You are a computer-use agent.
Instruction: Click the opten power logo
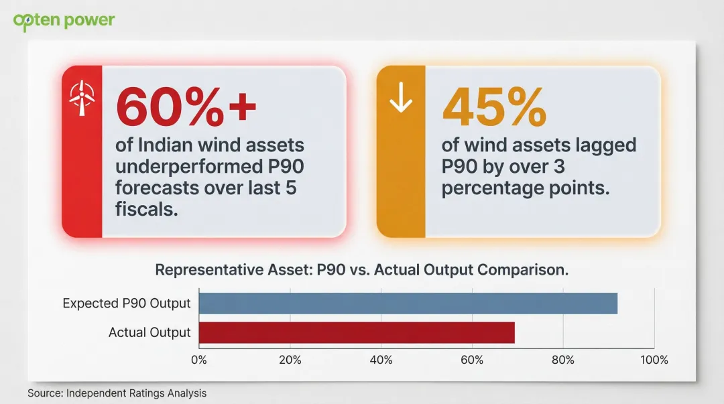(x=64, y=20)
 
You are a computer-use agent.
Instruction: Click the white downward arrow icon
(x=401, y=98)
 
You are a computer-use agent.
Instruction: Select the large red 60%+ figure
(x=186, y=107)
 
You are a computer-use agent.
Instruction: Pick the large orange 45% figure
(x=495, y=107)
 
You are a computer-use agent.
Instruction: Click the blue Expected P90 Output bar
(x=408, y=304)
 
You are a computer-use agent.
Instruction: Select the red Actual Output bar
(x=357, y=332)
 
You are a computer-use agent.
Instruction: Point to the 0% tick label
(x=199, y=360)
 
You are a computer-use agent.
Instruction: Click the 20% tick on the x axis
(x=290, y=360)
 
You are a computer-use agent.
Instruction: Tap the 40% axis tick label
(x=381, y=360)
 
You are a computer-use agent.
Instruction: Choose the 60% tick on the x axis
(x=472, y=360)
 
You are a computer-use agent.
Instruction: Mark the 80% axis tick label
(x=563, y=360)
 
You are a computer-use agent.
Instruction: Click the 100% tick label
(x=654, y=360)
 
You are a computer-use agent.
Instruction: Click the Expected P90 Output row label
(x=127, y=304)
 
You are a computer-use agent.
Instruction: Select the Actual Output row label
(x=149, y=332)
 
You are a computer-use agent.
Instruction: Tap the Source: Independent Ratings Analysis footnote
(x=117, y=393)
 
